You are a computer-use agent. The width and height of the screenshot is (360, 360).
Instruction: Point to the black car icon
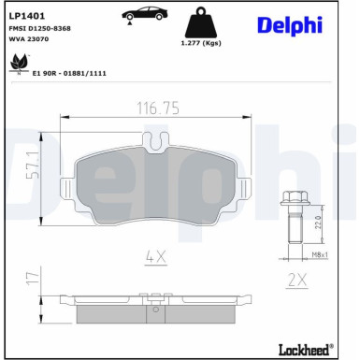[x=142, y=12]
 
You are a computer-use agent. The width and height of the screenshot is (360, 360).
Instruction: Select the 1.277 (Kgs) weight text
[x=200, y=43]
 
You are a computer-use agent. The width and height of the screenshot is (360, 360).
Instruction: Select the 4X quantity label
[x=156, y=253]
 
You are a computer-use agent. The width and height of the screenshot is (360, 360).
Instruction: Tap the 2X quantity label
[x=297, y=278]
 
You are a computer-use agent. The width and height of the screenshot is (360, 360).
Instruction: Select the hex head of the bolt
[x=293, y=198]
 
